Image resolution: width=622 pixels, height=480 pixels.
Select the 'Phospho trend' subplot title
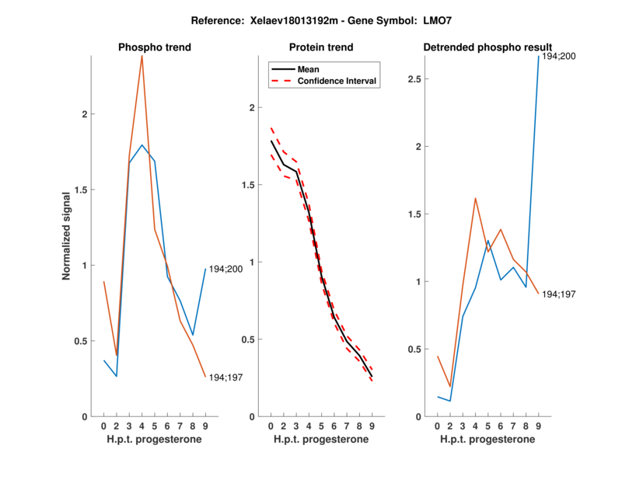click(155, 47)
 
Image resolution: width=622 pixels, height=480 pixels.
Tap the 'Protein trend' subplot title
click(322, 47)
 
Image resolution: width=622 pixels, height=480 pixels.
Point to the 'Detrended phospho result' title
click(487, 47)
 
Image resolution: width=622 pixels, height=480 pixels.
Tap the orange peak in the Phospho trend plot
click(142, 56)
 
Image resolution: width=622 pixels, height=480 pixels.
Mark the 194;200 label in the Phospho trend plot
click(226, 269)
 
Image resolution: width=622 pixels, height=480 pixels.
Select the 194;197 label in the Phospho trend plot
click(226, 377)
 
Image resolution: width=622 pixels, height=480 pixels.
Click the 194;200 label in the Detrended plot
click(559, 57)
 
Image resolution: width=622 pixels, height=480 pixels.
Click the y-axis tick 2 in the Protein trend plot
click(250, 108)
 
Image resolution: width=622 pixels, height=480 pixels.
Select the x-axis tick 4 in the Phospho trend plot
click(142, 426)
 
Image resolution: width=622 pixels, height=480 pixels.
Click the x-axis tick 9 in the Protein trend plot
click(372, 426)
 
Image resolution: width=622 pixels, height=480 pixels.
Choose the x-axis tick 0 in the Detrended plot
click(438, 426)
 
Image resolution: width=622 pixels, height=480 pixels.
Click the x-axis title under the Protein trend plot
click(322, 440)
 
